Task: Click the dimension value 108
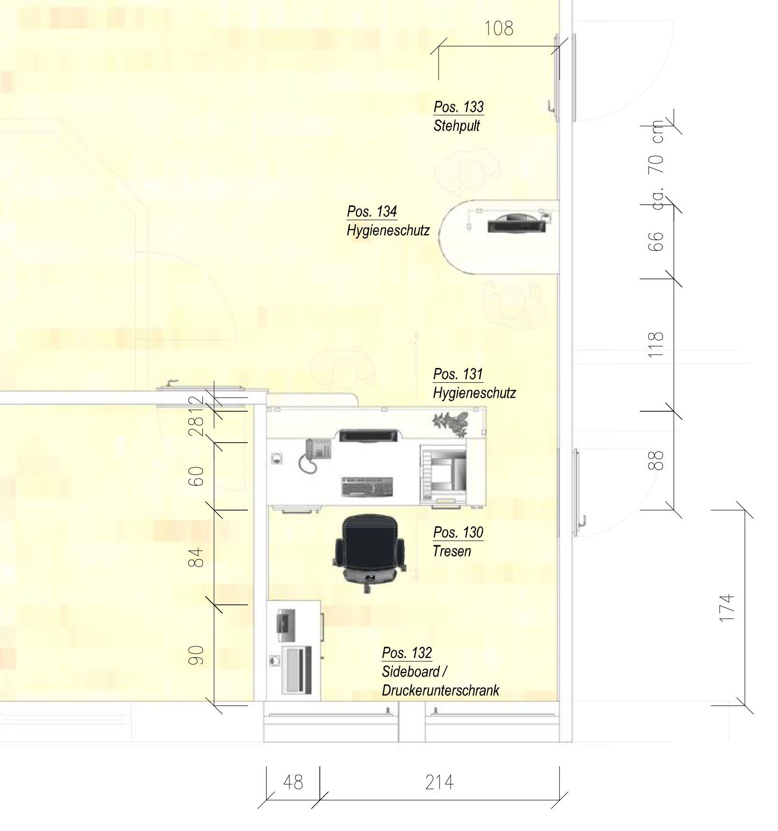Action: tap(499, 29)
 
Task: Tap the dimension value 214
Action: tap(439, 782)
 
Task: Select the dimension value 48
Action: tap(293, 782)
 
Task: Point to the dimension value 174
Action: tap(727, 607)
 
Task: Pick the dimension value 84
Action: tap(196, 557)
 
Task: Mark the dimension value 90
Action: tap(196, 655)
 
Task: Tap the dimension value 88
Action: tap(656, 460)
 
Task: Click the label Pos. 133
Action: tap(459, 107)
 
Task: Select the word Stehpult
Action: tap(457, 126)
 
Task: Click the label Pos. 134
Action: tap(372, 212)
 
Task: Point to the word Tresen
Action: tap(452, 551)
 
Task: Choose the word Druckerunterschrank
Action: tap(441, 690)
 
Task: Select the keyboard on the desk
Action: tap(367, 487)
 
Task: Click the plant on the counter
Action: tap(451, 423)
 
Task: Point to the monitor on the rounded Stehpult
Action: tap(517, 224)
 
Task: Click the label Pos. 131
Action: tap(458, 374)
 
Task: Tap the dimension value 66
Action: tap(656, 242)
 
